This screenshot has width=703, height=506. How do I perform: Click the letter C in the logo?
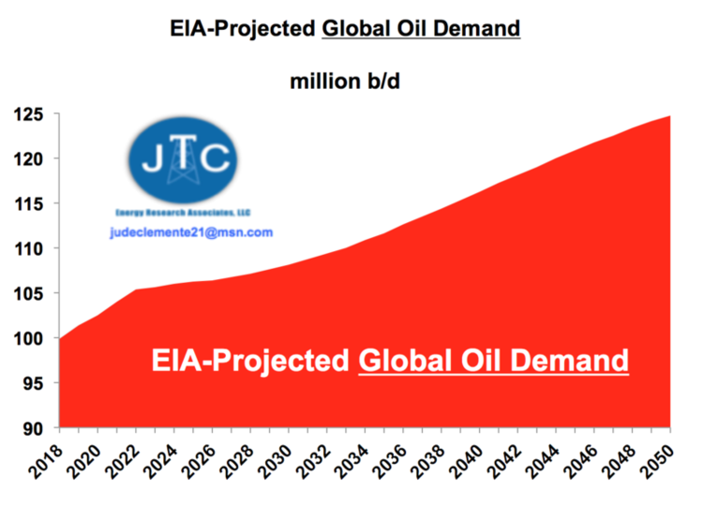(x=216, y=160)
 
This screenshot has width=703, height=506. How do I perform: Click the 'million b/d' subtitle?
(x=346, y=81)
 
